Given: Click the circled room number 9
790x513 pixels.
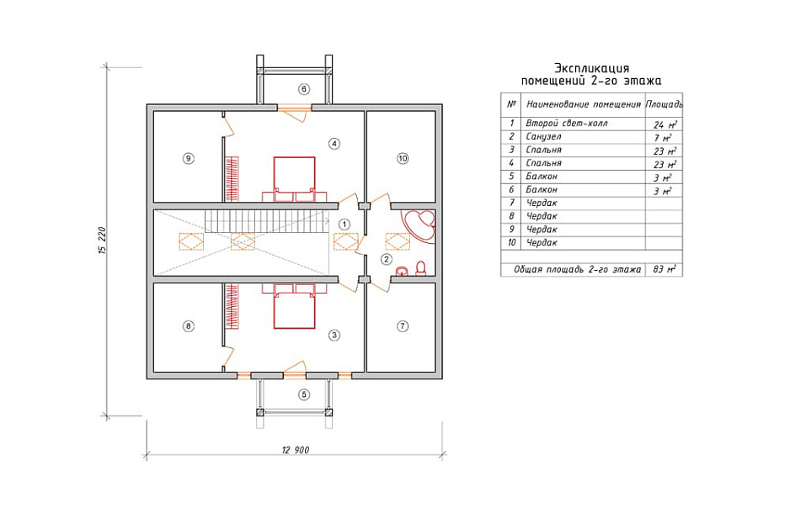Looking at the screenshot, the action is tap(188, 158).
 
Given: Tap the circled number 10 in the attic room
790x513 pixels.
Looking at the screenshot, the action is tap(403, 158).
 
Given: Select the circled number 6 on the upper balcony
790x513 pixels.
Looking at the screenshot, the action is tap(303, 89).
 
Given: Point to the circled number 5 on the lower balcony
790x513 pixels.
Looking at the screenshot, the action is tap(303, 394).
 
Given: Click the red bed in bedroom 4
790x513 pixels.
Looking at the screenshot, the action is tap(294, 179).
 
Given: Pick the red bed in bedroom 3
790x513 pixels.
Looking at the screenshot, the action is tap(294, 306).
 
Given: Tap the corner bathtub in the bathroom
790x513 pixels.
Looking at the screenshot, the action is tap(419, 226).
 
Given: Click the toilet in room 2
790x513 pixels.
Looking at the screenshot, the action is tap(421, 268).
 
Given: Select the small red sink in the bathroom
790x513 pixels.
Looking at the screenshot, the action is tap(402, 272).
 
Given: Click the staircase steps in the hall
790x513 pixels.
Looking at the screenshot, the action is tap(266, 221).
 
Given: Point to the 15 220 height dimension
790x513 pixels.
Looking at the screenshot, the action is tap(103, 241).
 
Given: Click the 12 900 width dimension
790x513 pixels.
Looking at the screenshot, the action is tap(296, 450).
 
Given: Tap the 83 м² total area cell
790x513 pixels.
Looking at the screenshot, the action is tap(665, 269).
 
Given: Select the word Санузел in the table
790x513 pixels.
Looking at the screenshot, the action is tap(543, 137).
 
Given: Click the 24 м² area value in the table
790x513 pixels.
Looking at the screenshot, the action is tap(665, 124).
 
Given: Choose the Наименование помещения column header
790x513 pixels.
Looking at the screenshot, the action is tap(584, 104).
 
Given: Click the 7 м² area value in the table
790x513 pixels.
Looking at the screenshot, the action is tap(664, 138).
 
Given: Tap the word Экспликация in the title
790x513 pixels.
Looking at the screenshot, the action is tap(591, 68).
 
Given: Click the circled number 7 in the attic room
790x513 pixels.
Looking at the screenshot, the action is tap(403, 326).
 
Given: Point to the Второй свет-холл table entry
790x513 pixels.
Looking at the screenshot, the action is tap(566, 124).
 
